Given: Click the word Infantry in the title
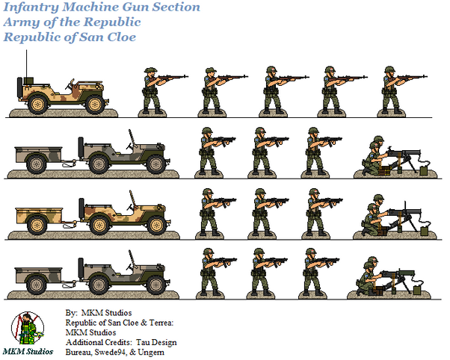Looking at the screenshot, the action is (31, 7).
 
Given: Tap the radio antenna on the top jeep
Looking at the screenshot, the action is (27, 63).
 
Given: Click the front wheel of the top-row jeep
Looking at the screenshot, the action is (95, 105).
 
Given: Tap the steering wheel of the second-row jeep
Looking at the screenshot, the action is (130, 146).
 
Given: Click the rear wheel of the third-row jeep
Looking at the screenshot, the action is (99, 225).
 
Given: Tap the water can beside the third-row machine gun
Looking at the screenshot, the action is (424, 232).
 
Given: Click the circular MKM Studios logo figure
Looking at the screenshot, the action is (28, 328).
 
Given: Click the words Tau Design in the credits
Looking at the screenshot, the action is (156, 342).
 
